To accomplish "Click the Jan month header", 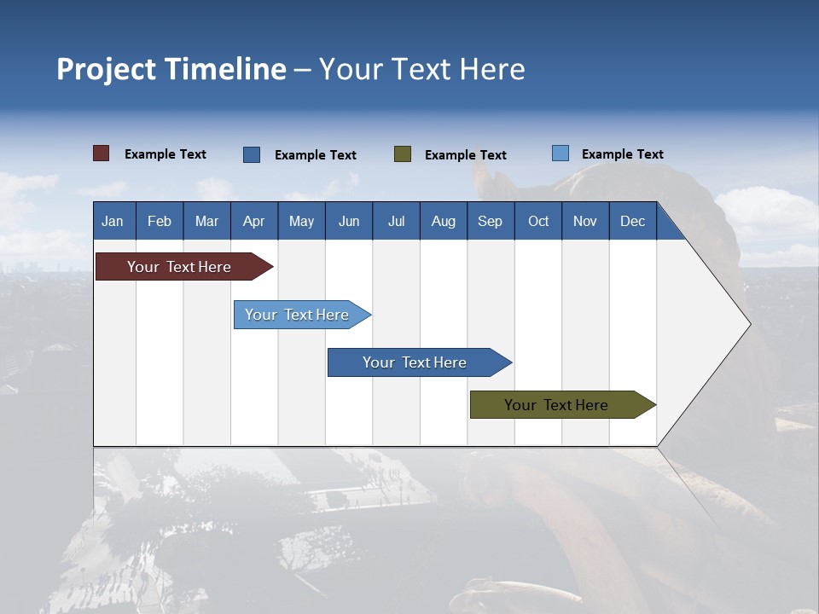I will [x=113, y=221].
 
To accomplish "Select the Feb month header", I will [x=160, y=221].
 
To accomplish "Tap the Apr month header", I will [x=253, y=221].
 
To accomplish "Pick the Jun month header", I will [x=349, y=221].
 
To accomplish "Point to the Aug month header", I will [x=443, y=221].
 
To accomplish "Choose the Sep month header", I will [x=490, y=221].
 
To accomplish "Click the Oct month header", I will [x=538, y=221].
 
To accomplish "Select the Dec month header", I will [x=632, y=221].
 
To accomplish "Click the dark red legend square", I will [x=102, y=153].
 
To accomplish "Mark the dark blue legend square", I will [x=252, y=154].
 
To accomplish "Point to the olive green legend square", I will [x=403, y=154].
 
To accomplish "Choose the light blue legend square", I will [x=561, y=153].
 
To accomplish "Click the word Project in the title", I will [x=107, y=69].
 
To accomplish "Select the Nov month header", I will [x=585, y=221].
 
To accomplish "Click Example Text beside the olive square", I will [x=465, y=155].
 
